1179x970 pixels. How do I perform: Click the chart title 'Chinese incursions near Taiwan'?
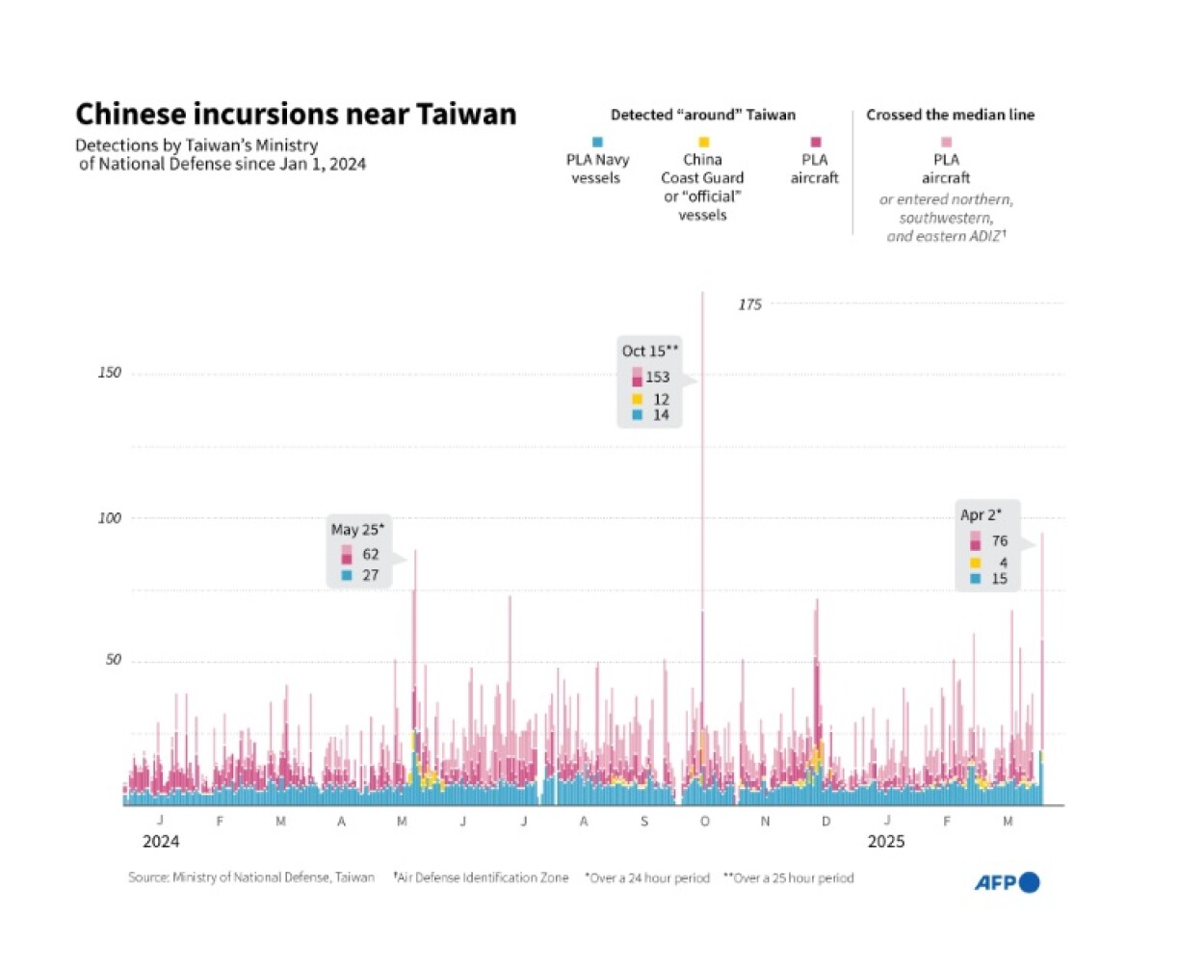tap(296, 115)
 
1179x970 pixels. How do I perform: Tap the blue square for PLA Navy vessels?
tap(597, 143)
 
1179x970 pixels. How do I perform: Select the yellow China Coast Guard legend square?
tap(703, 143)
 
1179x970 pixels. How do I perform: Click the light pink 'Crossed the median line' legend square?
tap(946, 143)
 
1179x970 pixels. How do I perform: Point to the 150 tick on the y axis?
tap(110, 373)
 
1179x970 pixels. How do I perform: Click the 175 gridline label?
tap(749, 304)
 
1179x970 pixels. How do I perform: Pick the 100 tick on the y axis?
tap(110, 518)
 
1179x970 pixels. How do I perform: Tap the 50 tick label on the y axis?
tap(114, 660)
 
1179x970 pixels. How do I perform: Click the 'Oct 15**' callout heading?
tap(650, 351)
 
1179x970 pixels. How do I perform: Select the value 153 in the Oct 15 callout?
tap(657, 377)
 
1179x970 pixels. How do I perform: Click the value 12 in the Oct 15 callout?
tap(661, 399)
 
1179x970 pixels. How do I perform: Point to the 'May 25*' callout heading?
tap(357, 529)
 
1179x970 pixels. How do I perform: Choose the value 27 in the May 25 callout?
tap(370, 575)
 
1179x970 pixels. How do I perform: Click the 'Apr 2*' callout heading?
tap(981, 514)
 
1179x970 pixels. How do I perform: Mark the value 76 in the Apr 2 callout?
tap(1000, 540)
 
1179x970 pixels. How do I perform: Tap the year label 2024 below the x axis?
tap(161, 841)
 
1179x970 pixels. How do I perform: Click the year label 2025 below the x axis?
tap(886, 841)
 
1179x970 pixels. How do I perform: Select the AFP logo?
tap(1007, 882)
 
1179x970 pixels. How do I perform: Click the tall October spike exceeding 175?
tap(702, 482)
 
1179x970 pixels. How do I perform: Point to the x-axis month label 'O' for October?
tap(704, 821)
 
